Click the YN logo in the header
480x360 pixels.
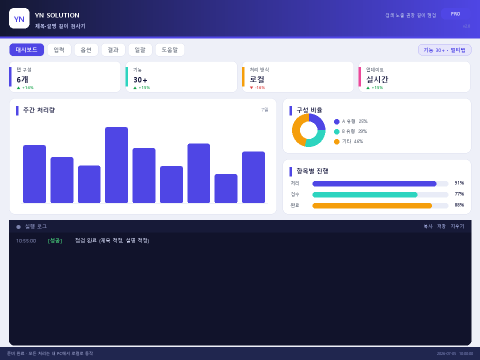[19, 18]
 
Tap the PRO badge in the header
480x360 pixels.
[455, 14]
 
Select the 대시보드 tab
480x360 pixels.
[26, 50]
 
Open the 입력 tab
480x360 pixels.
[59, 50]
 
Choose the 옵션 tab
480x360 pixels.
[86, 50]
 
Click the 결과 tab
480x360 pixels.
[113, 50]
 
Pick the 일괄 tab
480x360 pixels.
[140, 50]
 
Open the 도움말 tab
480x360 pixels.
[170, 50]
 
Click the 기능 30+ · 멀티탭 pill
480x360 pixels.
[444, 50]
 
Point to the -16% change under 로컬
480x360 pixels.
[257, 87]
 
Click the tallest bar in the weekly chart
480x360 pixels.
[116, 165]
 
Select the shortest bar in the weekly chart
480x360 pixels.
[226, 188]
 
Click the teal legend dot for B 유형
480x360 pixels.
[336, 131]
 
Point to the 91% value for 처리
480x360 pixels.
[459, 183]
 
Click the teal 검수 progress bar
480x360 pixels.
[365, 194]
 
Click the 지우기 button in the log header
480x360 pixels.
[457, 226]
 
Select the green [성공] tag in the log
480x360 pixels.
[55, 241]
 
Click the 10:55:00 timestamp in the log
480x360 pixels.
[26, 241]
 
